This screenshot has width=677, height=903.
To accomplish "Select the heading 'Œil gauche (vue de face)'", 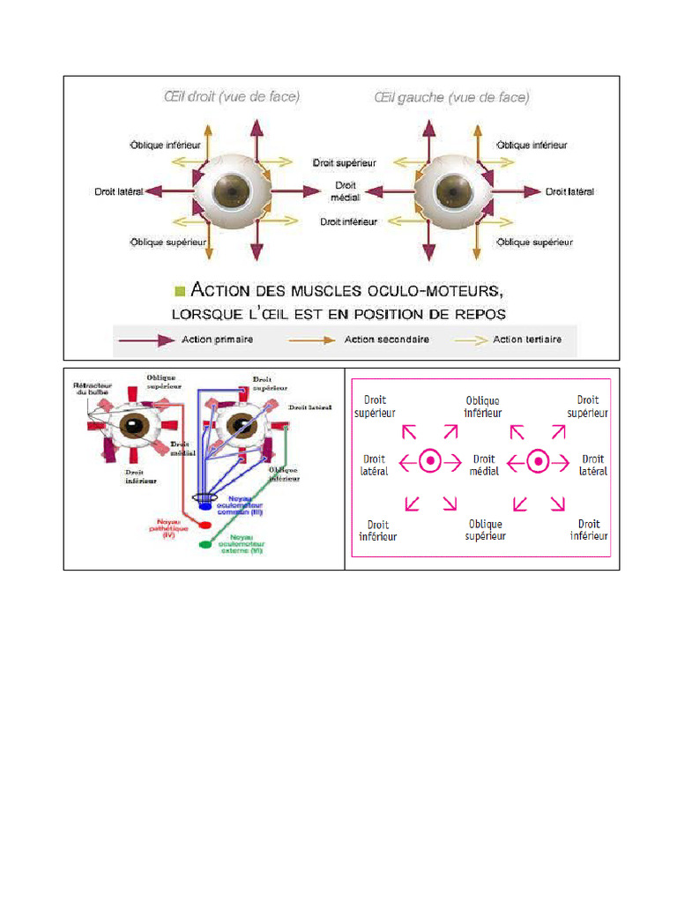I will [x=452, y=97].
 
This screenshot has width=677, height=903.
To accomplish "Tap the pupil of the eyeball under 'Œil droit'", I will [x=234, y=190].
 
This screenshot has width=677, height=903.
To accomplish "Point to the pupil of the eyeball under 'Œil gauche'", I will [x=456, y=190].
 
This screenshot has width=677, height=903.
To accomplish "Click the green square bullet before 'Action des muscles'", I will [x=181, y=290].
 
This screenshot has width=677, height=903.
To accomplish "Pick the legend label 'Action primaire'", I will [x=217, y=340].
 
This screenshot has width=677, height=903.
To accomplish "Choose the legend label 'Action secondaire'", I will [x=386, y=340].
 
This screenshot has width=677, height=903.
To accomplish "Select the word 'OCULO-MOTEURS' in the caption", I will [x=417, y=290].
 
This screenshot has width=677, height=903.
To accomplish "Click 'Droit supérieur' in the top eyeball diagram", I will [x=344, y=163].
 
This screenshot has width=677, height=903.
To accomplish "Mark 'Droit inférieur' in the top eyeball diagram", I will [x=348, y=222].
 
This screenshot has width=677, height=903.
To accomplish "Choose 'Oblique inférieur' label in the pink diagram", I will [x=482, y=407].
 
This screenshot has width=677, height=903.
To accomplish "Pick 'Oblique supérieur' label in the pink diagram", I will [x=485, y=530].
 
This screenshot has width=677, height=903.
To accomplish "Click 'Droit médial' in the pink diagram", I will [x=485, y=465].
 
